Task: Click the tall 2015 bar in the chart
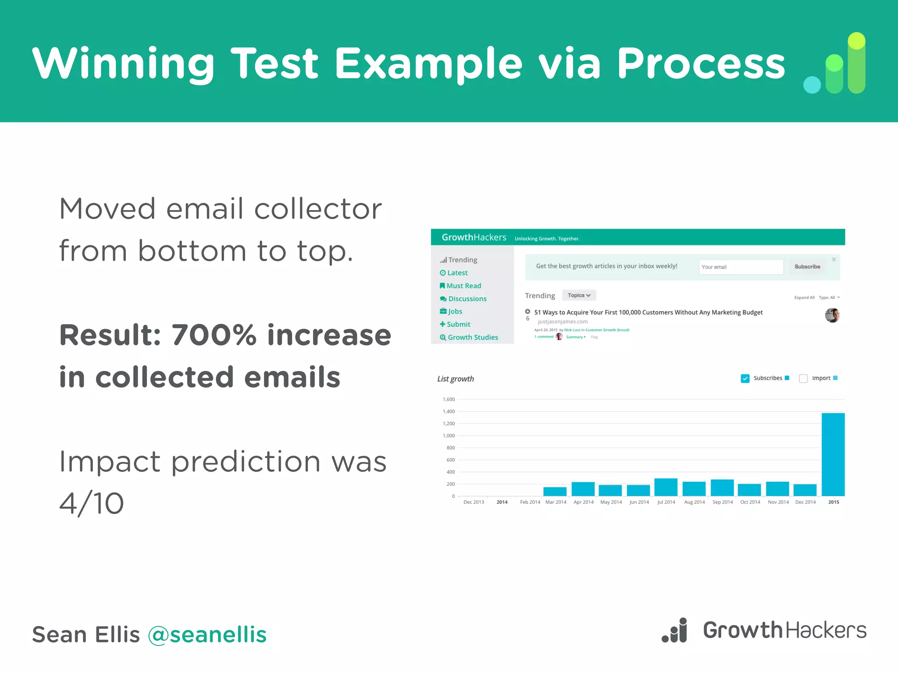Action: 833,454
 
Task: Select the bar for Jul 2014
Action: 666,487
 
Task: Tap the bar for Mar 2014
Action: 555,491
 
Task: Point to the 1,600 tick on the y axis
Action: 449,399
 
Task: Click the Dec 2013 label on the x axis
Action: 474,502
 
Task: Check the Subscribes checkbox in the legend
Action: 745,378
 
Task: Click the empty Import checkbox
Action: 803,378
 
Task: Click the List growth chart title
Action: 455,379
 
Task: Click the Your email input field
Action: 741,267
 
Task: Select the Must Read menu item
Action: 463,286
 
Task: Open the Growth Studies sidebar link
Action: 472,337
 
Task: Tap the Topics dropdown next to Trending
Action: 579,295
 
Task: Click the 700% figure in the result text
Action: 214,335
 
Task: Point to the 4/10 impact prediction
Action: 92,503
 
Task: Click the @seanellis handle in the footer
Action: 207,635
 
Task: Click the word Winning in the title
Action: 123,64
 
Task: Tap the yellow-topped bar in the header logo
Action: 856,62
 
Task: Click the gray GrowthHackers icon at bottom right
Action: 675,630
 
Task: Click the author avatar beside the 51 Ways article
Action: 832,315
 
